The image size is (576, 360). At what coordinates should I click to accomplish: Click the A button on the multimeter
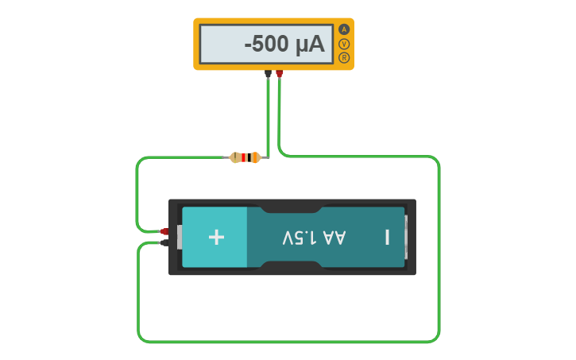(x=344, y=29)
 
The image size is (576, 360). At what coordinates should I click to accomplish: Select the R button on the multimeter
(x=344, y=57)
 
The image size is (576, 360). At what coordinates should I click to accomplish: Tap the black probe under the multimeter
(x=268, y=74)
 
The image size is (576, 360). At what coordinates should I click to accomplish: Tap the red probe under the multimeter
(x=280, y=74)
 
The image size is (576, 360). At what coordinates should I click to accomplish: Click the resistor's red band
(x=243, y=157)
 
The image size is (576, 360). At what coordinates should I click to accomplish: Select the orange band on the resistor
(x=253, y=157)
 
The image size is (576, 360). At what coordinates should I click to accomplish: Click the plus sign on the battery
(x=216, y=237)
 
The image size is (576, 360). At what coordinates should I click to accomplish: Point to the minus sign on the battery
(x=387, y=237)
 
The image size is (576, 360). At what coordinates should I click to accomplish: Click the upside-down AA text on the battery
(x=335, y=237)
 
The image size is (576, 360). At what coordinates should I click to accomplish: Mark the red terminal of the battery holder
(x=164, y=231)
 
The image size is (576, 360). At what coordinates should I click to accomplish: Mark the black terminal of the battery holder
(x=164, y=242)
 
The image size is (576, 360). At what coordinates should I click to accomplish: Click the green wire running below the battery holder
(x=286, y=342)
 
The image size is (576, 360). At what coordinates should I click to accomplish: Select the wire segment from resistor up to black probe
(x=269, y=119)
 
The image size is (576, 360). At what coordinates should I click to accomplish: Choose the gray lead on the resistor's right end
(x=265, y=157)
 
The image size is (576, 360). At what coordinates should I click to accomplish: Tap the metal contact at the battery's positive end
(x=180, y=237)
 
